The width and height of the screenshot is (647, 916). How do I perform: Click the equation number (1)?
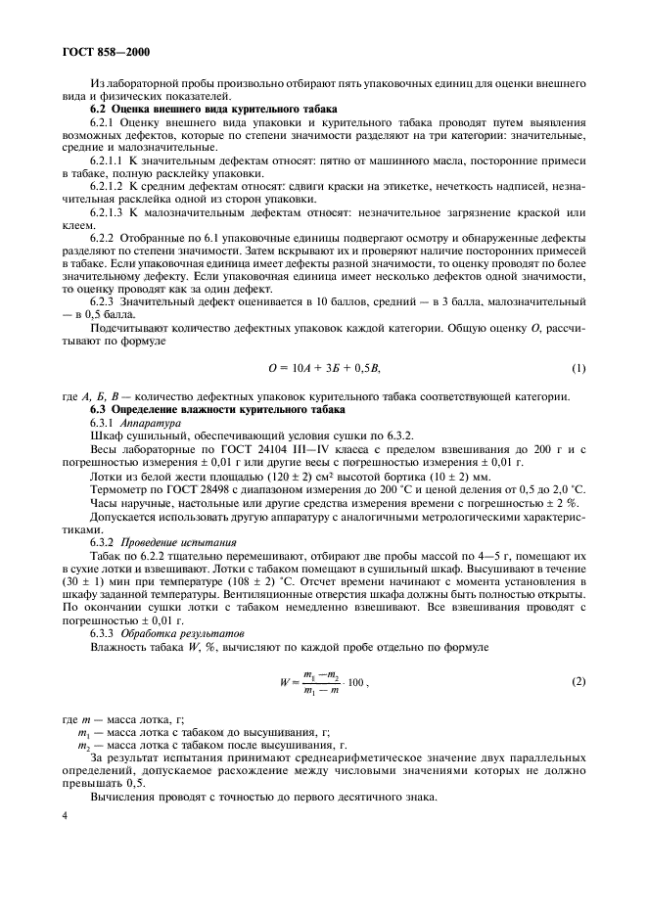(x=578, y=367)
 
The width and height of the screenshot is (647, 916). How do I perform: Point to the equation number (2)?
(x=578, y=680)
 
